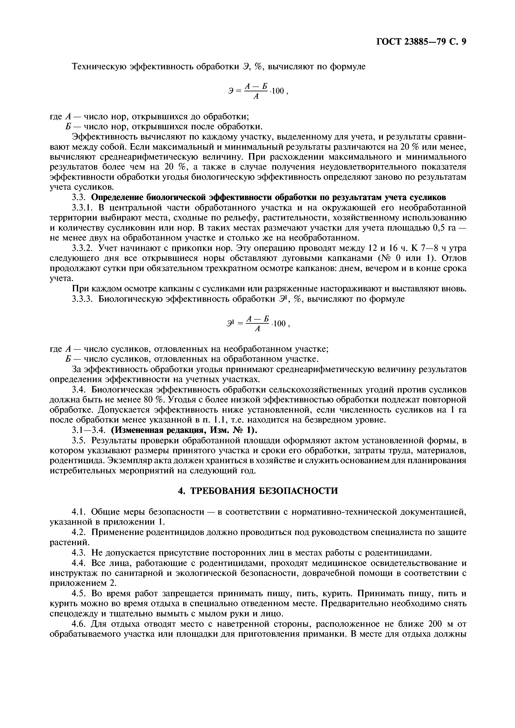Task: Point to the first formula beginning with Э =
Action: click(x=257, y=91)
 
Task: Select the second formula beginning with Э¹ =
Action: click(x=257, y=324)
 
